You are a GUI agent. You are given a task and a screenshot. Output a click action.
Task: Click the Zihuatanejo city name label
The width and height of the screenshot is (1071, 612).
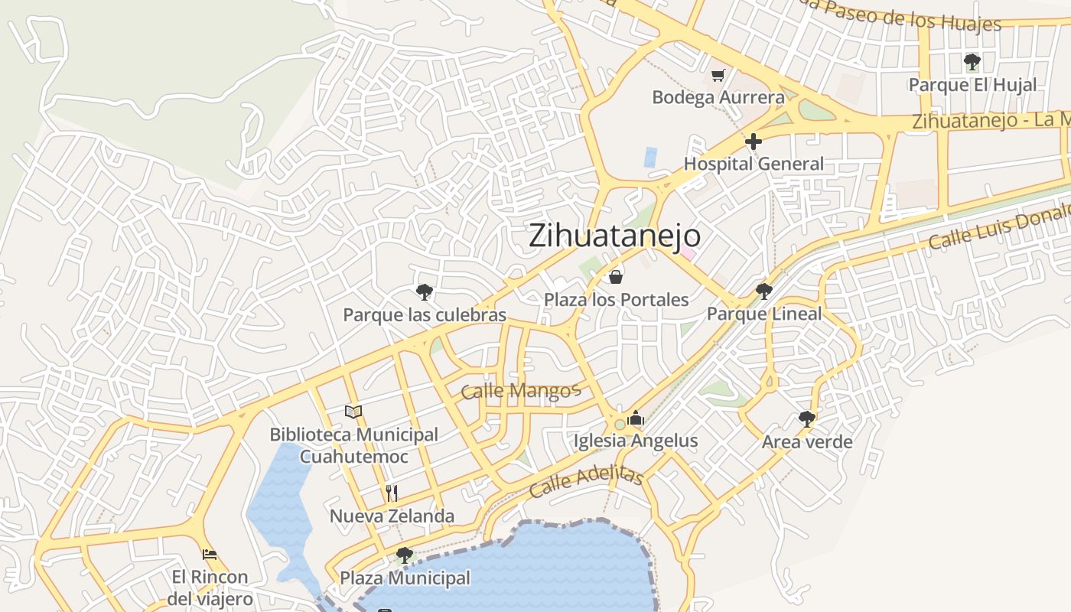click(614, 235)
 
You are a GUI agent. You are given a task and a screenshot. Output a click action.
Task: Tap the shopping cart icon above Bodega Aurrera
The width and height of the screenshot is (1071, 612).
click(718, 75)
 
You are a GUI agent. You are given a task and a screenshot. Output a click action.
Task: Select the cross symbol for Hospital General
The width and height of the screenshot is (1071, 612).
click(754, 142)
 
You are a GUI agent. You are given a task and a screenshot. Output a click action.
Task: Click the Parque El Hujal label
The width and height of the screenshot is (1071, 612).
click(972, 84)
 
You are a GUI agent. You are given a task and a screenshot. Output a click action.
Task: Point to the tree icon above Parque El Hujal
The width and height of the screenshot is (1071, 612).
click(972, 61)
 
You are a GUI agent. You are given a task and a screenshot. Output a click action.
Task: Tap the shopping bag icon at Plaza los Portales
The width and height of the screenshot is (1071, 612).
click(616, 276)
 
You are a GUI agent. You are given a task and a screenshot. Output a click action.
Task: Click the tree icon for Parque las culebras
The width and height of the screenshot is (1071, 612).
click(424, 291)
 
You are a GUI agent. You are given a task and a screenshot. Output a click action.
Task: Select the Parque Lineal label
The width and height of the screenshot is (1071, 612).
click(763, 314)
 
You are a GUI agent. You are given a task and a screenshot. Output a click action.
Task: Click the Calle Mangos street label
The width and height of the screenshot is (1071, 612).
click(521, 392)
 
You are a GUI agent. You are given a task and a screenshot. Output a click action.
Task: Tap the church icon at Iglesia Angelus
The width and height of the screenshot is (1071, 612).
click(636, 418)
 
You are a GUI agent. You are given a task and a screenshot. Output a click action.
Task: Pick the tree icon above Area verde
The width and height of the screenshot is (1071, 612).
click(806, 418)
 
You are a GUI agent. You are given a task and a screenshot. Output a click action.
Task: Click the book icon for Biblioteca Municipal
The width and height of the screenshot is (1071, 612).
click(353, 412)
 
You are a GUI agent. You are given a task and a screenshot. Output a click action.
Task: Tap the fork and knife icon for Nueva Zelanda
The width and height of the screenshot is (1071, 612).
click(392, 493)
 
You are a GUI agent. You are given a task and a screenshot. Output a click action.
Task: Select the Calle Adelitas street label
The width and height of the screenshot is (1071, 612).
click(586, 483)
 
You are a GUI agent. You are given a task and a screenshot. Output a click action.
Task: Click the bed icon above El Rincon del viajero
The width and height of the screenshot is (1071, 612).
click(210, 554)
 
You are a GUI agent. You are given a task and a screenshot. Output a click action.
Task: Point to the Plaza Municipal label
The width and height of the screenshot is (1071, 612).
click(405, 578)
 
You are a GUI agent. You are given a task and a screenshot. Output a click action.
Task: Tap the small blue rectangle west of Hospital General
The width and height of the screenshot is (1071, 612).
click(650, 157)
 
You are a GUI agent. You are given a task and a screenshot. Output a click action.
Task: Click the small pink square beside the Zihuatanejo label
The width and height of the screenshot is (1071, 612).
click(688, 253)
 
